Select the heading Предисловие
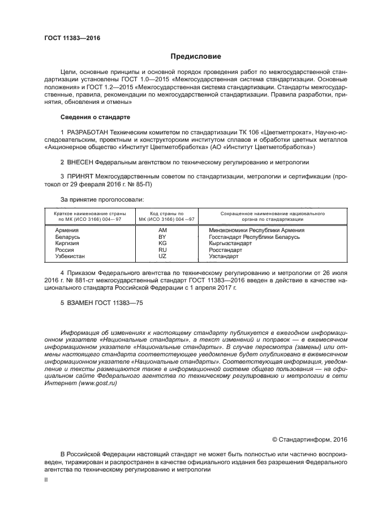pyautogui.click(x=196, y=56)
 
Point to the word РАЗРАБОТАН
pyautogui.click(x=87, y=132)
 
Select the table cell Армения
pyautogui.click(x=67, y=230)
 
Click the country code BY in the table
pyautogui.click(x=162, y=237)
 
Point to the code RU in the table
pyautogui.click(x=162, y=250)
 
